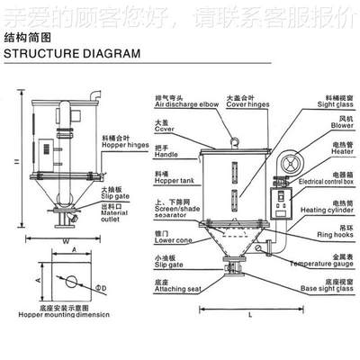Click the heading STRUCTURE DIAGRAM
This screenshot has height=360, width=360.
click(x=72, y=53)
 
